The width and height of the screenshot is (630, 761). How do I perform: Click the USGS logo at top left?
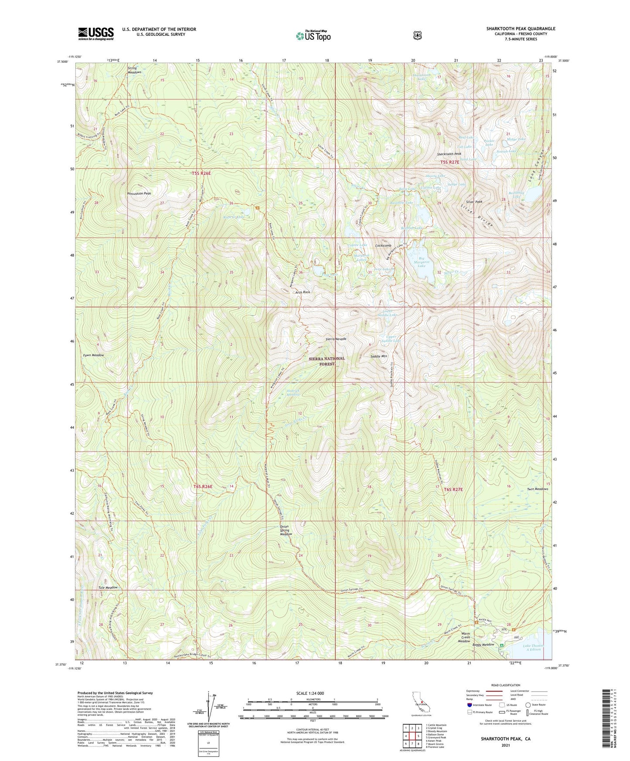[x=96, y=34]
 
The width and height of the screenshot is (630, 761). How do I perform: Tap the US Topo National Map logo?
[x=313, y=36]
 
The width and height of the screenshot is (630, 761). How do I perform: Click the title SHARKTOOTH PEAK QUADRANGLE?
[x=521, y=29]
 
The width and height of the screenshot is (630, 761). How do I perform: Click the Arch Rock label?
[x=303, y=292]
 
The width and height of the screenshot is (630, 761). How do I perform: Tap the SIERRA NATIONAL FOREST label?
[x=326, y=361]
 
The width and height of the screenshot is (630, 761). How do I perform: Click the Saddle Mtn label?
[x=378, y=356]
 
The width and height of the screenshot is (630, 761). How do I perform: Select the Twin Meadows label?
[x=537, y=489]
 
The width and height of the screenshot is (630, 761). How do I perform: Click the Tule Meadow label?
[x=108, y=588]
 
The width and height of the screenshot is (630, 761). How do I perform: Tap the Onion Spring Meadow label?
[x=286, y=530]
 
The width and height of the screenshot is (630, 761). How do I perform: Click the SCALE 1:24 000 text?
[x=310, y=693]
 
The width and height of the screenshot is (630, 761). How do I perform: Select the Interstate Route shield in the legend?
[x=470, y=705]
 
